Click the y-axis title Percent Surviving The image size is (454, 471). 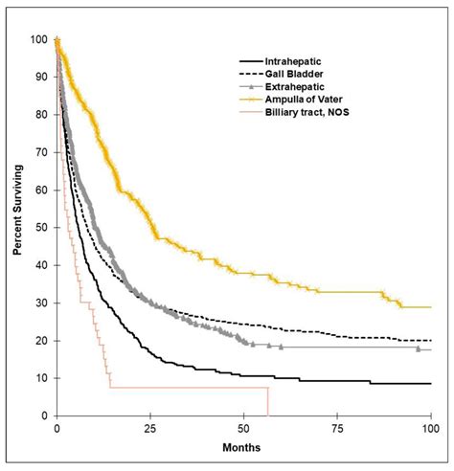17,226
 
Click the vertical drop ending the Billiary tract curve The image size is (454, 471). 267,402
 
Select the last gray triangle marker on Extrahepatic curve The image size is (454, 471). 418,349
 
